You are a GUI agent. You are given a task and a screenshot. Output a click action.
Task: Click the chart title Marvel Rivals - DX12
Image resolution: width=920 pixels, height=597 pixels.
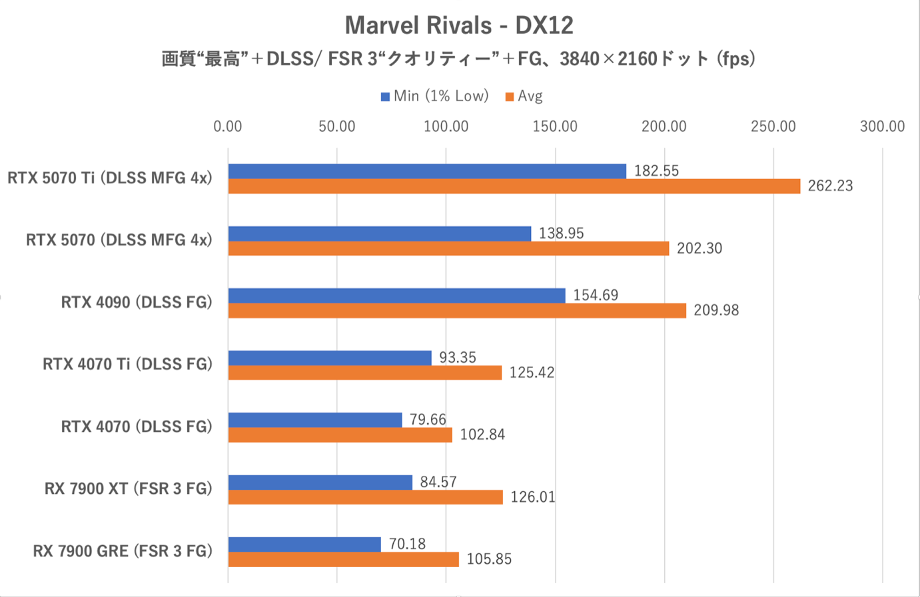(x=459, y=26)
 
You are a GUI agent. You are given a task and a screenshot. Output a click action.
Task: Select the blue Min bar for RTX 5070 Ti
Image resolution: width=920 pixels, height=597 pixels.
(x=427, y=171)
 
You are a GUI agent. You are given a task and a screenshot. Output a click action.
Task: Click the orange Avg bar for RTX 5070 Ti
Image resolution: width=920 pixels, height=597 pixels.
(x=514, y=186)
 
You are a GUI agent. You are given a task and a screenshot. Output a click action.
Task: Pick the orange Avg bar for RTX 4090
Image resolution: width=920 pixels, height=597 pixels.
(x=457, y=311)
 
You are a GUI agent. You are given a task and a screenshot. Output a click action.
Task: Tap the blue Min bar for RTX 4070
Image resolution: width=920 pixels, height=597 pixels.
(x=315, y=420)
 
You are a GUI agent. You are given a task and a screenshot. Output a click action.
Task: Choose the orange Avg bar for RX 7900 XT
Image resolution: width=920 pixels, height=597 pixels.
(x=365, y=497)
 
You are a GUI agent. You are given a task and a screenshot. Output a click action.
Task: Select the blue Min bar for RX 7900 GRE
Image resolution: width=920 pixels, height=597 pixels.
(x=304, y=544)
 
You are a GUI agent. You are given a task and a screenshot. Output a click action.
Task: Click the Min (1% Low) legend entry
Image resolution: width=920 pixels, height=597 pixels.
(x=434, y=97)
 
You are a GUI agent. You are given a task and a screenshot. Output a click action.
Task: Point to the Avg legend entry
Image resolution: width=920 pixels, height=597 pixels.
(x=524, y=97)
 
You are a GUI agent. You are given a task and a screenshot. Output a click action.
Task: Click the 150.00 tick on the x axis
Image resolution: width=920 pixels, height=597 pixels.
(x=555, y=126)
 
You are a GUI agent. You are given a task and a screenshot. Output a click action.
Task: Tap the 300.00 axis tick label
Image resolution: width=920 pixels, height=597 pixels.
(x=882, y=126)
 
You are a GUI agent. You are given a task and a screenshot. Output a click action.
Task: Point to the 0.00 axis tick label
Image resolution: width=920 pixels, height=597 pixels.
(x=228, y=126)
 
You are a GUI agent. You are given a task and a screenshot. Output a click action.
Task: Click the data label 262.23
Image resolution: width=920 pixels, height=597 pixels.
(x=830, y=186)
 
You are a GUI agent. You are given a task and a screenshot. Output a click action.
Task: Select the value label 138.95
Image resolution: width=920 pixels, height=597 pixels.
(x=561, y=234)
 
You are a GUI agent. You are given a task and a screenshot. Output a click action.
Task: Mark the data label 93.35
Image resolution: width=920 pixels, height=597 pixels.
(x=457, y=358)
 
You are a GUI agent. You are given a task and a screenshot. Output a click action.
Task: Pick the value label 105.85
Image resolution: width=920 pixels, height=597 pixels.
(x=489, y=560)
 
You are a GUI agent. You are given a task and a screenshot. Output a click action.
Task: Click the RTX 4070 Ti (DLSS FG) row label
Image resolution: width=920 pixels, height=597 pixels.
(x=127, y=365)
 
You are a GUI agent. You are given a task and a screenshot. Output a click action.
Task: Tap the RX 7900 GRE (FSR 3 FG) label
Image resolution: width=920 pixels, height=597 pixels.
(x=123, y=552)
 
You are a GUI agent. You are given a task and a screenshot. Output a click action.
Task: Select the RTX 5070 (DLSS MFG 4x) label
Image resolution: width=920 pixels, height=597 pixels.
(x=119, y=240)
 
